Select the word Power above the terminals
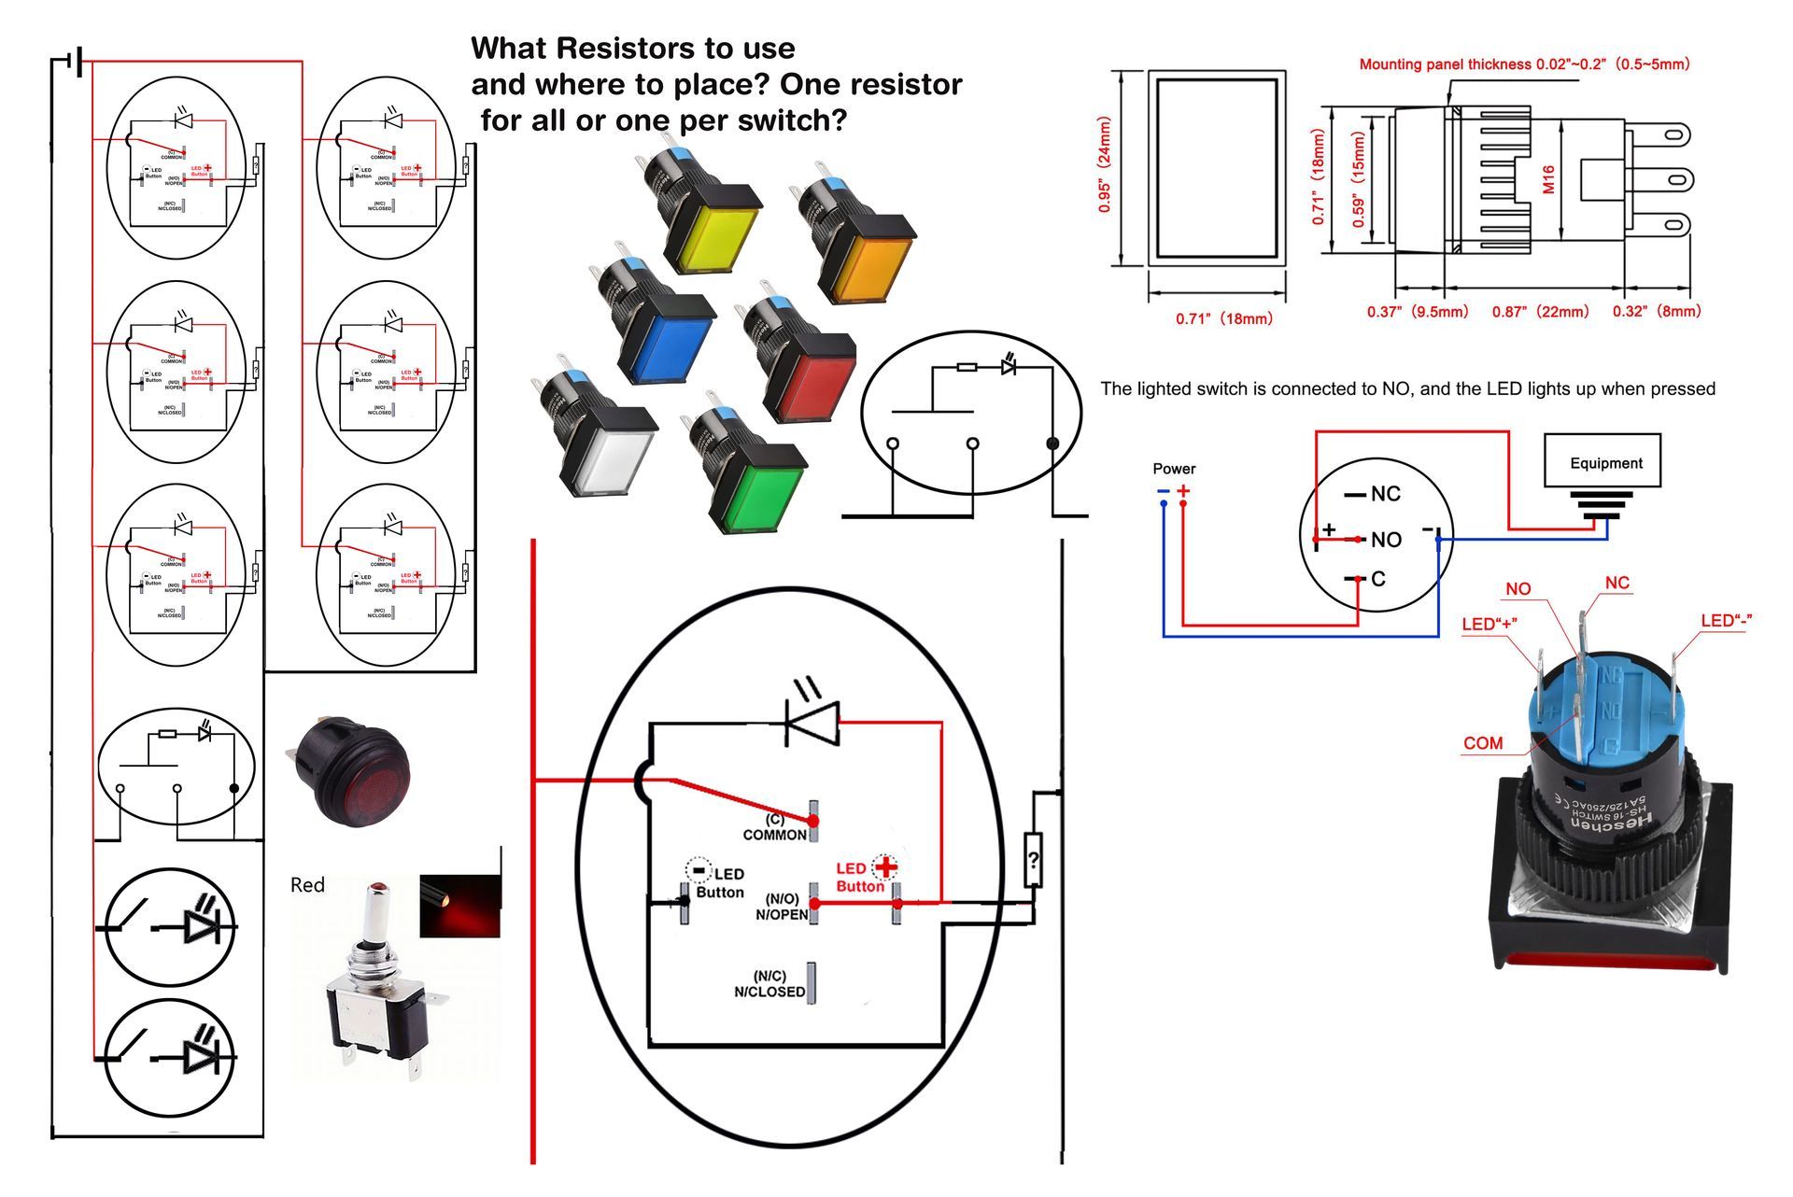1174,469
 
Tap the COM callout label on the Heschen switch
1483,743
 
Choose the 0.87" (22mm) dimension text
1540,312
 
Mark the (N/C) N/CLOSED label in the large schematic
769,984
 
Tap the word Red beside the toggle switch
307,885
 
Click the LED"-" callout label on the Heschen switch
1726,621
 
